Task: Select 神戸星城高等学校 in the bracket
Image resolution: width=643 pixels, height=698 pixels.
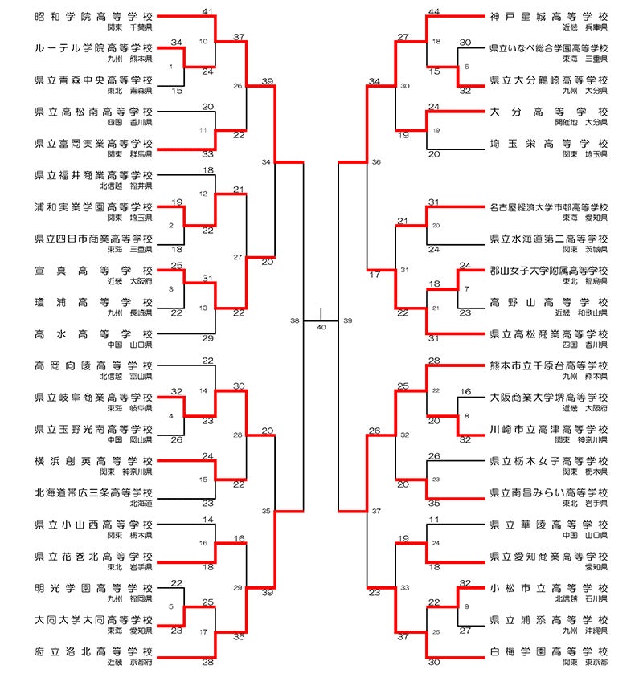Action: click(548, 16)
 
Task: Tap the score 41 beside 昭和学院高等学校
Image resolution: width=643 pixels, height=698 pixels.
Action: click(207, 10)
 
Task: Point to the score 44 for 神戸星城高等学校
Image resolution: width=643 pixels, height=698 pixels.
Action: click(434, 10)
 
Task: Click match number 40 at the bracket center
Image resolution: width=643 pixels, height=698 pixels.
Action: click(321, 327)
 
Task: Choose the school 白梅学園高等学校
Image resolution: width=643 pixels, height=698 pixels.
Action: click(548, 651)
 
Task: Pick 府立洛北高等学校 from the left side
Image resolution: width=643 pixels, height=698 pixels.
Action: click(94, 651)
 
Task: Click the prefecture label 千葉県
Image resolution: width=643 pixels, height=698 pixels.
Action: click(139, 27)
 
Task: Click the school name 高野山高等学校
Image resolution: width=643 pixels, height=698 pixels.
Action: click(548, 303)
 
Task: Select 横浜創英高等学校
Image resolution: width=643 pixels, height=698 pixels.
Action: click(94, 461)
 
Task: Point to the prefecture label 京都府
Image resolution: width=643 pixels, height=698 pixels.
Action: click(139, 663)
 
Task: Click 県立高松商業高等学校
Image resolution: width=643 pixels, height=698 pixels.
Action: click(548, 334)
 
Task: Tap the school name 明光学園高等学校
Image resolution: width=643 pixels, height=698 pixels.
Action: click(94, 588)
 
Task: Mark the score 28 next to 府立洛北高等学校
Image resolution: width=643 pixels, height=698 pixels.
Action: click(207, 662)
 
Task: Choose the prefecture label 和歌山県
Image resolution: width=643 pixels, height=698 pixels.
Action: click(592, 313)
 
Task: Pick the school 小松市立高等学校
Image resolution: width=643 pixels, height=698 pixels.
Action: click(548, 588)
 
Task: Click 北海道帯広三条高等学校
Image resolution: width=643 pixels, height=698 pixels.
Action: click(94, 492)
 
